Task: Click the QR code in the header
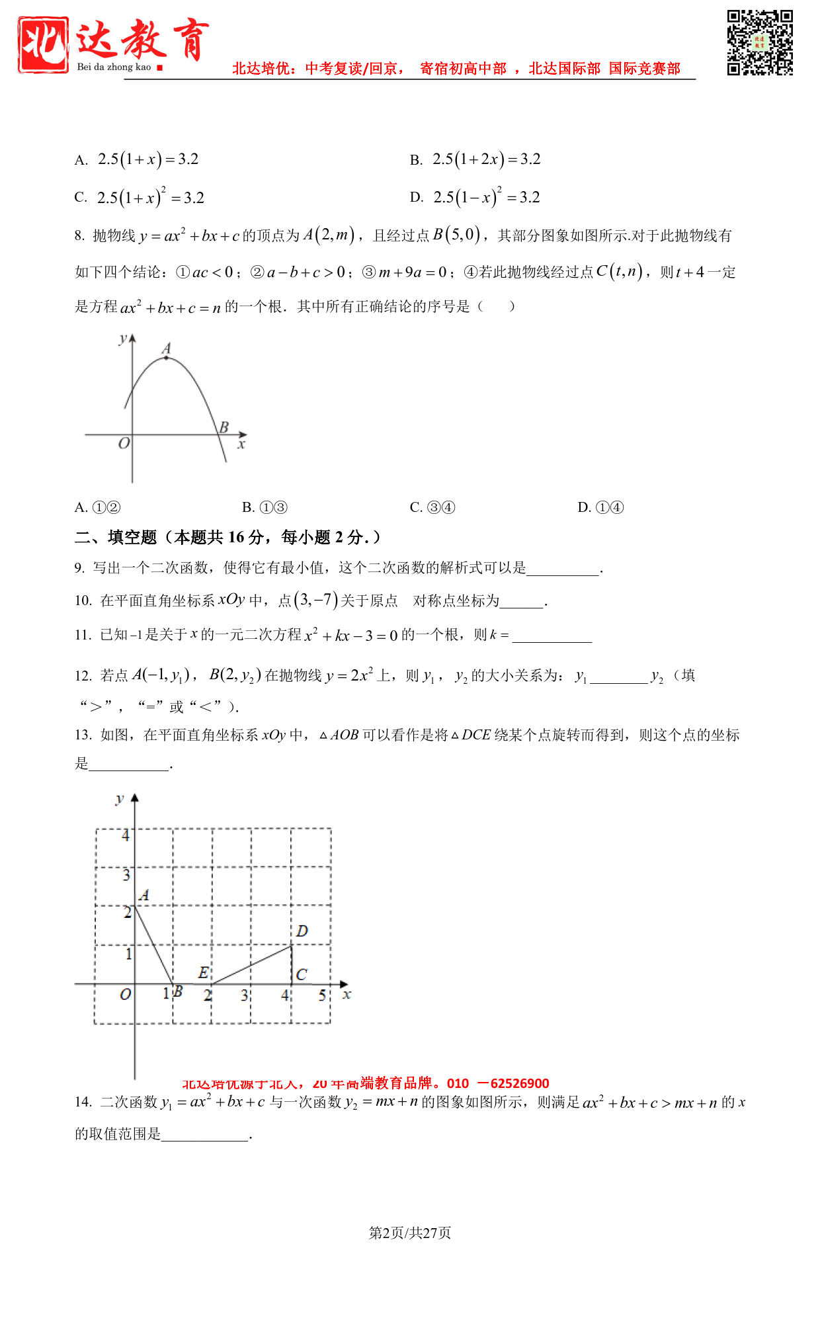(x=760, y=43)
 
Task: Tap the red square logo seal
(x=44, y=45)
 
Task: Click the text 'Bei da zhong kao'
(x=114, y=67)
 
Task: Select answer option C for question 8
(x=432, y=507)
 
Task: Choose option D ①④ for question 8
(x=600, y=507)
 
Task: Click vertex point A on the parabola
(x=166, y=358)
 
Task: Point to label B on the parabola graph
(x=224, y=427)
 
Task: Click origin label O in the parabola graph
(x=124, y=443)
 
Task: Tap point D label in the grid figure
(x=302, y=931)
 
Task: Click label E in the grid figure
(x=204, y=972)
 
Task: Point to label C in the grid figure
(x=302, y=974)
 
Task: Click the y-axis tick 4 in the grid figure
(x=126, y=835)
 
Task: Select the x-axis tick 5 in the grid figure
(x=322, y=995)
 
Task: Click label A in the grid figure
(x=144, y=895)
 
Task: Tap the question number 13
(x=83, y=735)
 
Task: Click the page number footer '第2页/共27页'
(x=410, y=1233)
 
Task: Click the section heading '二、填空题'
(x=116, y=537)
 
